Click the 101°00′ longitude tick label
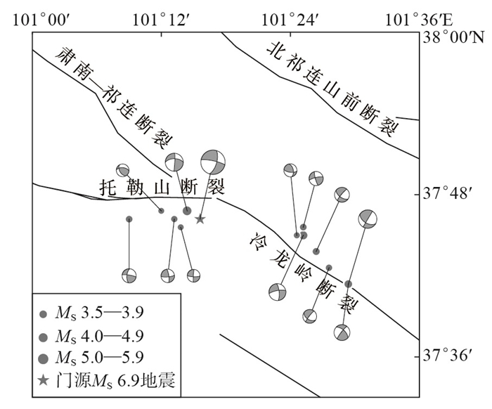42,17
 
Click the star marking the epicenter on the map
200,219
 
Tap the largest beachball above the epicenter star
214,162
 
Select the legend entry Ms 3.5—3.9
94,313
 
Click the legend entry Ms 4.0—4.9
94,336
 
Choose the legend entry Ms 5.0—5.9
94,358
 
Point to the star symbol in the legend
44,381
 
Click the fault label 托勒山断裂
161,186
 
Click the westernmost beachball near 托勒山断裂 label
123,170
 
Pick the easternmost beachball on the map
368,219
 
